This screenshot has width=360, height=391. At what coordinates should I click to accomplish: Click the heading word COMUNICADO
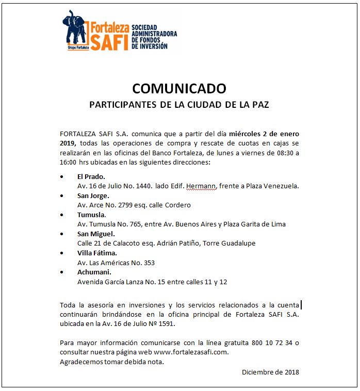[179, 88]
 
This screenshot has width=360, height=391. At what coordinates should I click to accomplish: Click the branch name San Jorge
[93, 196]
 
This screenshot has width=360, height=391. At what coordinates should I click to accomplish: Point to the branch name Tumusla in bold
[91, 215]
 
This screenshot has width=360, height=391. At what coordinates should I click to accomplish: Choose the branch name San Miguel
[96, 234]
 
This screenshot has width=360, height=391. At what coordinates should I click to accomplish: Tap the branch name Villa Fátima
[97, 253]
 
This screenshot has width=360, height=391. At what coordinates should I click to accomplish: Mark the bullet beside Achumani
[62, 272]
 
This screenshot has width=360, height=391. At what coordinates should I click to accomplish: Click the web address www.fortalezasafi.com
[190, 352]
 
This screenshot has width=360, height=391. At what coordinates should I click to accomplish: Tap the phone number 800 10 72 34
[271, 343]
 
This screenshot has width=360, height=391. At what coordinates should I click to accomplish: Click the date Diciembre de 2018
[270, 372]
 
